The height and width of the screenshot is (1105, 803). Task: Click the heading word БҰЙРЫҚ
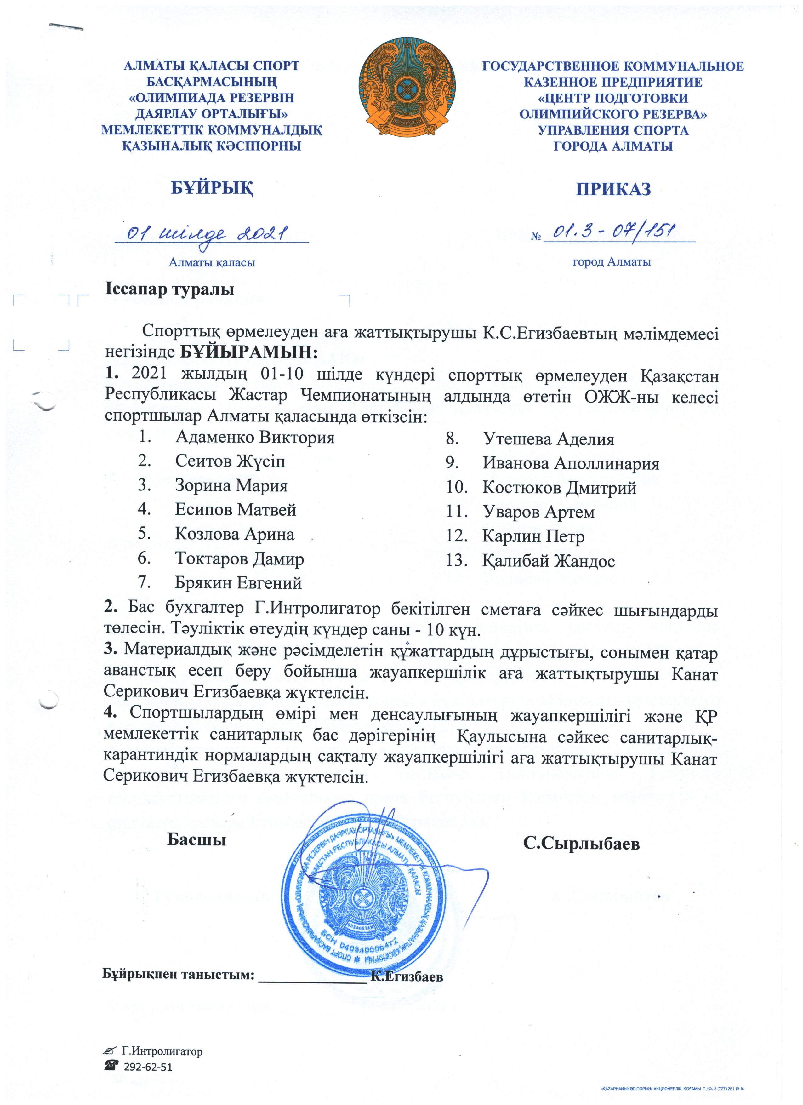pyautogui.click(x=212, y=188)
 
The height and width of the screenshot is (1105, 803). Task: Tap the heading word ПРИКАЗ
pyautogui.click(x=613, y=189)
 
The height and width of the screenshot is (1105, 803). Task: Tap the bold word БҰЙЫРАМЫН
pyautogui.click(x=248, y=351)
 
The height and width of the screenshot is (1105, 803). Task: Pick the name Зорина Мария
pyautogui.click(x=231, y=486)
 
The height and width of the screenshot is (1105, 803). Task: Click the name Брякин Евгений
pyautogui.click(x=239, y=583)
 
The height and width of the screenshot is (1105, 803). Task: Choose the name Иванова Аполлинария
pyautogui.click(x=571, y=463)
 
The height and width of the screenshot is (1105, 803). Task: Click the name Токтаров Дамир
pyautogui.click(x=240, y=558)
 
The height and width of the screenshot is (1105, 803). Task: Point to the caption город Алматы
pyautogui.click(x=612, y=262)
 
